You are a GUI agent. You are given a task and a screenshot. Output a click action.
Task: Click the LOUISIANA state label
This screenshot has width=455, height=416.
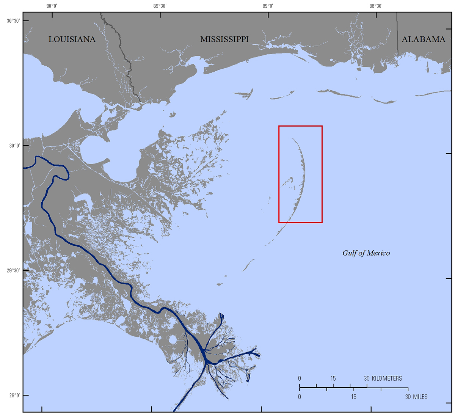coord(72,39)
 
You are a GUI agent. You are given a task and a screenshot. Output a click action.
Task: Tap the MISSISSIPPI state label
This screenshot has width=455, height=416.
coord(224,39)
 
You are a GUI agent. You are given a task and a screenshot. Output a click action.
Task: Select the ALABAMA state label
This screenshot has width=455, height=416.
coord(423,39)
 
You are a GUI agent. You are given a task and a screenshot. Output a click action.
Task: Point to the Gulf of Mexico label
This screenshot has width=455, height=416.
coord(366,253)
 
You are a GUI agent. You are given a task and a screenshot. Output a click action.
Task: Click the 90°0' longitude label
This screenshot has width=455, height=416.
coord(52,6)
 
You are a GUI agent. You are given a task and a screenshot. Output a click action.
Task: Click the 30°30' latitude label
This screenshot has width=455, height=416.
coord(13,21)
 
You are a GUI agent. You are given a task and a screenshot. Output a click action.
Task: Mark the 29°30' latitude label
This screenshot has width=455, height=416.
coord(13,270)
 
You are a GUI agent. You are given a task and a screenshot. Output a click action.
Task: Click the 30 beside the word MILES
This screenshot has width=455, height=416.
coord(408,397)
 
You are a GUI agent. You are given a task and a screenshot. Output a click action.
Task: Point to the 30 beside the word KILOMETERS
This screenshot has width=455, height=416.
coord(367,378)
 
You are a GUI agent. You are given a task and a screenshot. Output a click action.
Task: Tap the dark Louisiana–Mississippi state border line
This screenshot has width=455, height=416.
coord(129,68)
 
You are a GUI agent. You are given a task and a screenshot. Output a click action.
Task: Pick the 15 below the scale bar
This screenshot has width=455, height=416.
coord(354,397)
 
